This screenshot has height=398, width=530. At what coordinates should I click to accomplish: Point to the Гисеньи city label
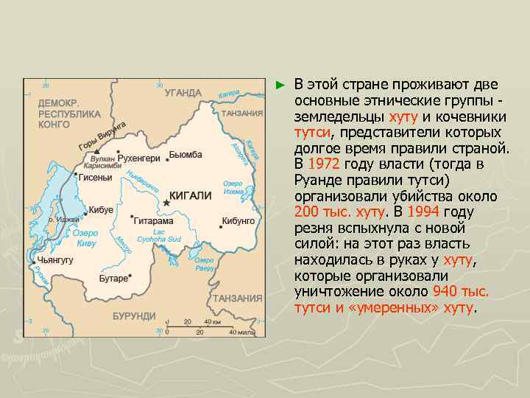coord(96,178)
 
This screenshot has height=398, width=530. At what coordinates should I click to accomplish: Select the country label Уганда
coord(183,93)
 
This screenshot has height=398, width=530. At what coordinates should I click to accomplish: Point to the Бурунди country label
coord(134,316)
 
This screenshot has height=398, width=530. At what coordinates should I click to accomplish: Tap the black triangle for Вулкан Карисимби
coord(96,151)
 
